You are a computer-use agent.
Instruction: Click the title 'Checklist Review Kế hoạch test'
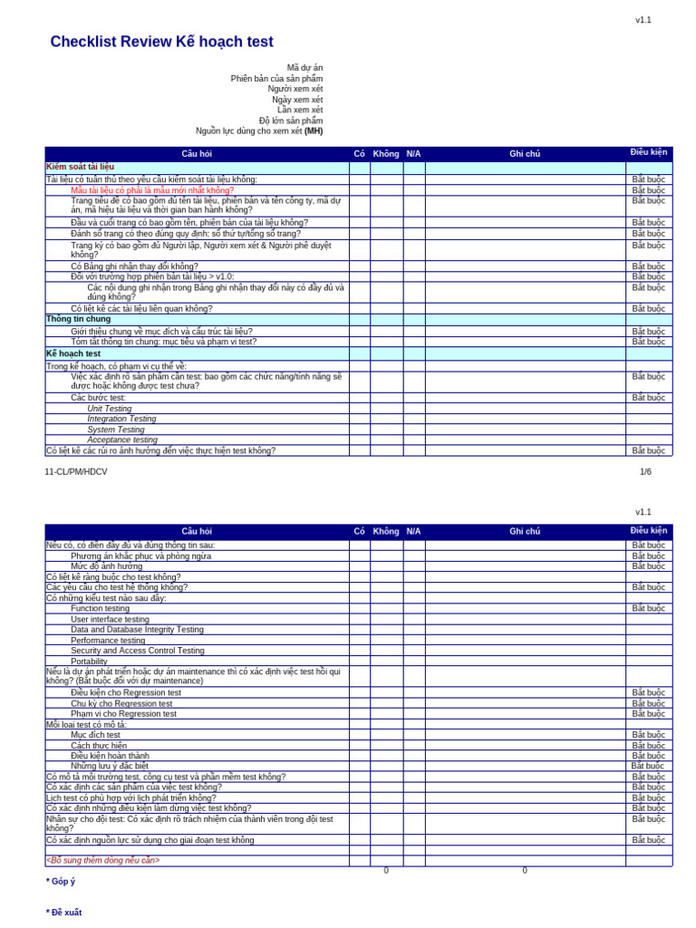pos(161,43)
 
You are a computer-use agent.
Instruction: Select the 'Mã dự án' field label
pos(304,68)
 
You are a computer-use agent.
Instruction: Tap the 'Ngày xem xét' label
pos(297,100)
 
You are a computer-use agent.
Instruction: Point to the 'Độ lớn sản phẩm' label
pos(290,121)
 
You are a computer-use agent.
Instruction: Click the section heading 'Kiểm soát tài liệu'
pos(81,168)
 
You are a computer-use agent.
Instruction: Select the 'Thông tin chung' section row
pos(79,319)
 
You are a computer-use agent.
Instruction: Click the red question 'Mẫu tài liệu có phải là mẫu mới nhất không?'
pos(152,190)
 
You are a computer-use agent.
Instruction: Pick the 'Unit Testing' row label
pos(109,409)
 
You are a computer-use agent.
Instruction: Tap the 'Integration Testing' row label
pos(121,419)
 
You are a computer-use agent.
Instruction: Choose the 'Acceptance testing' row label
pos(122,440)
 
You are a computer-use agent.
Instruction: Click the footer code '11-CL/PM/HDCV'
pos(76,472)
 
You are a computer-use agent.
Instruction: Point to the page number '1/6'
pos(645,472)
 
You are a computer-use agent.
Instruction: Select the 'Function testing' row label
pos(100,609)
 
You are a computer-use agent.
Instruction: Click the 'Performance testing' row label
pos(108,641)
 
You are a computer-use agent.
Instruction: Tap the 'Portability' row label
pos(89,662)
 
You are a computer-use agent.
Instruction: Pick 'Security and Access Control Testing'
pos(138,651)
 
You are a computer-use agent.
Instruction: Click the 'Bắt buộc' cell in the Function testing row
pos(648,609)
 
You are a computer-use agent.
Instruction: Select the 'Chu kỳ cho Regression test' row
pos(121,703)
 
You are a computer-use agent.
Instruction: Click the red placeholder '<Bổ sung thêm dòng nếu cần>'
pos(103,860)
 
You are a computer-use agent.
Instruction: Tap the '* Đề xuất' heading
pos(63,913)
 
